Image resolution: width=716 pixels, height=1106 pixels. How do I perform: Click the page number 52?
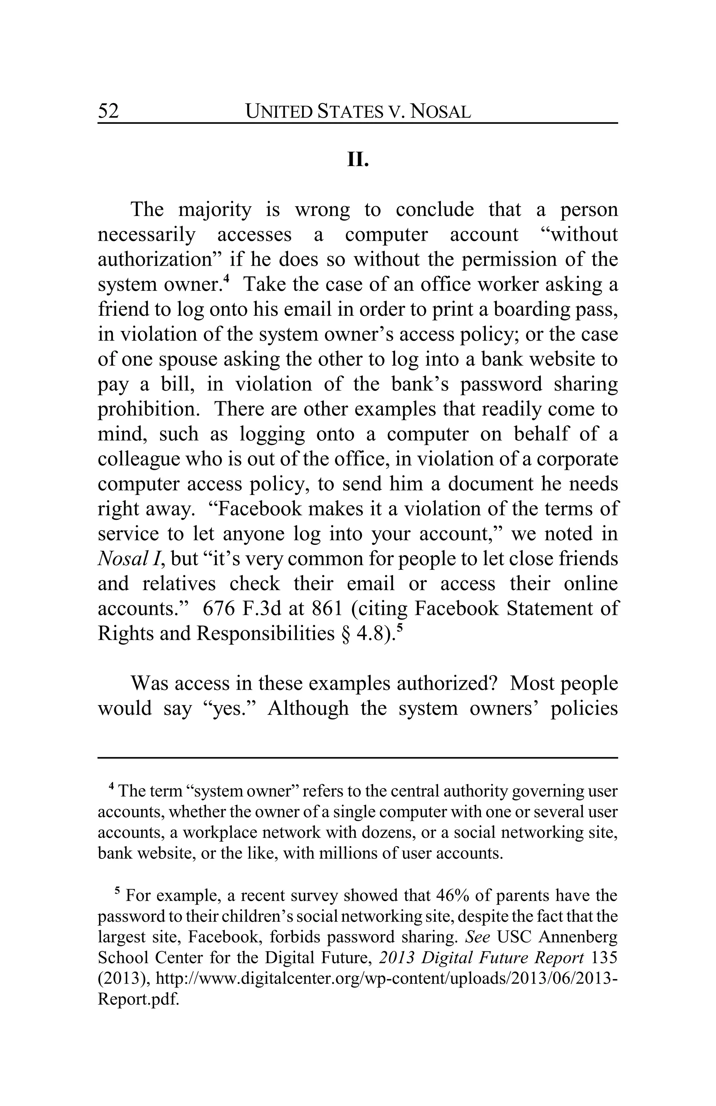108,112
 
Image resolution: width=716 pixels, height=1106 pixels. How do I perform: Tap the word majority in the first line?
215,210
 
